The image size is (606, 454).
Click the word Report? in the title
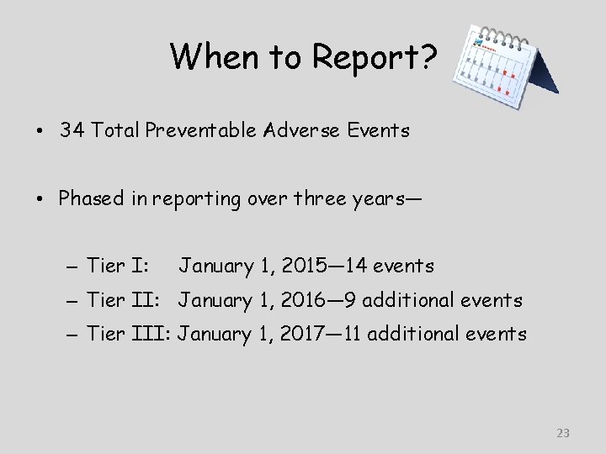[x=375, y=56]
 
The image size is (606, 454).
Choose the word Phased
[x=90, y=198]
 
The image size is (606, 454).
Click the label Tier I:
[x=119, y=267]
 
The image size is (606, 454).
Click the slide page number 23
[x=563, y=433]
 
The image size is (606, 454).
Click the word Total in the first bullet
[x=115, y=130]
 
